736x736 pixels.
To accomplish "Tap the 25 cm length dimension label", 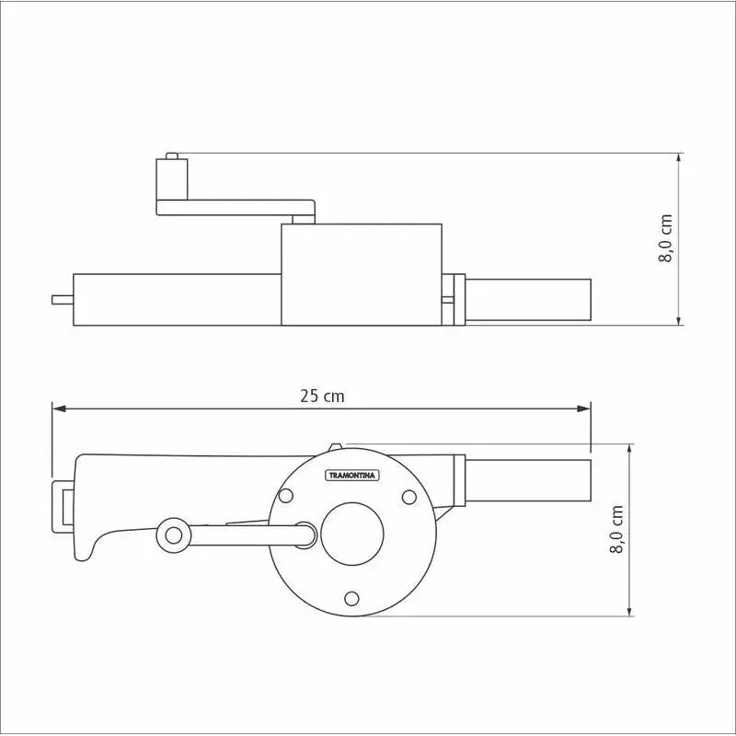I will pos(322,396).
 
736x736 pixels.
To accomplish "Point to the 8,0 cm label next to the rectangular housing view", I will pos(666,238).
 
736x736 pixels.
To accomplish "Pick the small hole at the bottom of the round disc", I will pos(351,598).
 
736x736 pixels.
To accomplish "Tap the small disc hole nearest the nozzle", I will pos(408,497).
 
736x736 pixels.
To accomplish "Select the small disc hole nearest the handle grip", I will pos(285,497).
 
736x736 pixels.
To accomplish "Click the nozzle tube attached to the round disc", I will pos(529,481).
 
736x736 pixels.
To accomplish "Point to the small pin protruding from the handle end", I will pos(62,299).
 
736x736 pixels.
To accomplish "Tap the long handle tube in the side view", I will pos(175,299).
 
